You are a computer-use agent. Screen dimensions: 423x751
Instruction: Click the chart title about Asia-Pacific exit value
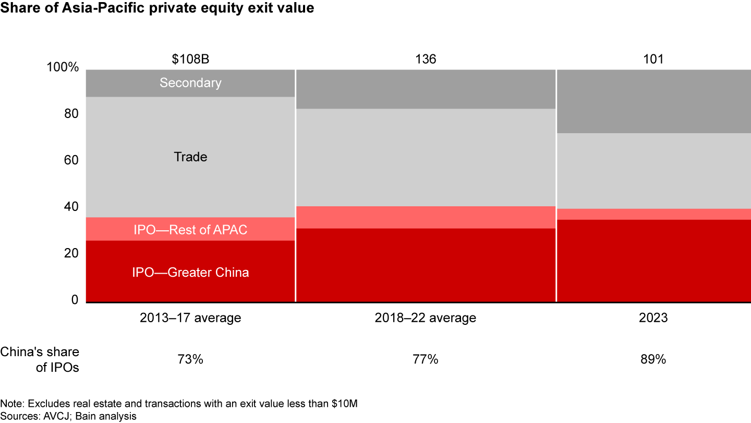tap(157, 9)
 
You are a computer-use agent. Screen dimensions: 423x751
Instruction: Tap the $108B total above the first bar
tap(190, 59)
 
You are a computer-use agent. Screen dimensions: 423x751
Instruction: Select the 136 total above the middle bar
tap(426, 59)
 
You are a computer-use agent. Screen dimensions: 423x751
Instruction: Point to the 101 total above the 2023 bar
tap(653, 59)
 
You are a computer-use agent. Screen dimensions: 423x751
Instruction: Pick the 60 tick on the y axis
tap(71, 161)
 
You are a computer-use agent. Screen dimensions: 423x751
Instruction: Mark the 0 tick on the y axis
tap(75, 300)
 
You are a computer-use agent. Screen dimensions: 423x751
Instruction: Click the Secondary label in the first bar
tap(190, 83)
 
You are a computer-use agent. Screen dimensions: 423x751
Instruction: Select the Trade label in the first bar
tap(190, 157)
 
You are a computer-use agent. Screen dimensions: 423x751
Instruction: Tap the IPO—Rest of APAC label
tap(190, 230)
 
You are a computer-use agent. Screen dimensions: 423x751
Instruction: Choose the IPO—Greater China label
tap(190, 272)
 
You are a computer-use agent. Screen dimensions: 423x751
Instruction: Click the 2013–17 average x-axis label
tap(190, 318)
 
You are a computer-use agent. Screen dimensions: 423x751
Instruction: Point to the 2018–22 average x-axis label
tap(426, 318)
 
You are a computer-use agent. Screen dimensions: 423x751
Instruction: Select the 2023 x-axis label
tap(653, 318)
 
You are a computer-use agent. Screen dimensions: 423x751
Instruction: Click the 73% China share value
tap(190, 360)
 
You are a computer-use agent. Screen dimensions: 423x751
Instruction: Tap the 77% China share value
tap(426, 360)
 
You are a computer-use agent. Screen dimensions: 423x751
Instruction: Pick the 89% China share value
tap(653, 360)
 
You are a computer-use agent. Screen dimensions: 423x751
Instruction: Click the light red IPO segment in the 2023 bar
tap(653, 214)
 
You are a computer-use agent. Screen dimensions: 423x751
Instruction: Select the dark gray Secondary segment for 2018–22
tap(426, 89)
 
